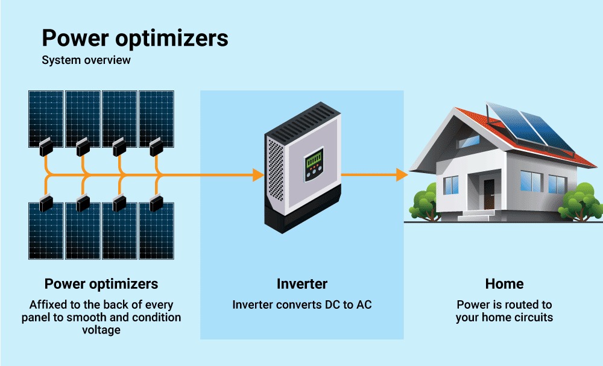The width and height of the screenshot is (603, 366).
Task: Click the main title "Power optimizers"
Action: (135, 39)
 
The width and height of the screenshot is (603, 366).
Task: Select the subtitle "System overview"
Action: (86, 60)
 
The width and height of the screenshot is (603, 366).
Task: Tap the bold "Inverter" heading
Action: (301, 283)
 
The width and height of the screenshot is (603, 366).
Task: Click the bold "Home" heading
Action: (504, 283)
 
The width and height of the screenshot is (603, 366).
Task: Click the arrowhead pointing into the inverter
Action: (257, 175)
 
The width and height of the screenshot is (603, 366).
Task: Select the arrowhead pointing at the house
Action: (402, 175)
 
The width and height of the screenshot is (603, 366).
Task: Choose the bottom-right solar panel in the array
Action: (157, 232)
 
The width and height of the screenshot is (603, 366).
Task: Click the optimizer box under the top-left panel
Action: (46, 147)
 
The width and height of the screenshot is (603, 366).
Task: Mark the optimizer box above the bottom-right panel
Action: (156, 202)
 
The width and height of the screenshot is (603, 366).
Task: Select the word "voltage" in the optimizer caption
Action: (101, 330)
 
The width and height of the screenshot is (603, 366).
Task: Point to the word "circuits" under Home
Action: (531, 317)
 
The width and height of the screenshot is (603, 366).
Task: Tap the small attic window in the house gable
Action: (469, 141)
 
